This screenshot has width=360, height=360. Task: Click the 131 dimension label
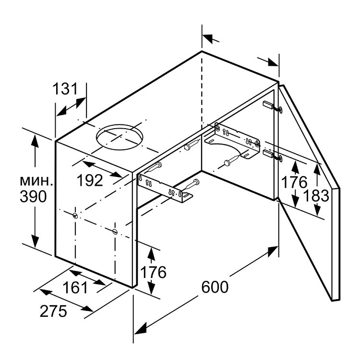tap(66, 89)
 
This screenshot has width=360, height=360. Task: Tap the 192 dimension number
tap(90, 180)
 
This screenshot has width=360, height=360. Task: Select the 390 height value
tap(33, 196)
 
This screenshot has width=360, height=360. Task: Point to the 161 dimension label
tap(75, 288)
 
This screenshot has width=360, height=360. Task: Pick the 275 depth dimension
tap(53, 311)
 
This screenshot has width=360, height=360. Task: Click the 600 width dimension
tap(215, 287)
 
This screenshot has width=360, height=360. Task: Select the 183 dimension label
tap(316, 196)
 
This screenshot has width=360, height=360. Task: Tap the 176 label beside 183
tap(294, 182)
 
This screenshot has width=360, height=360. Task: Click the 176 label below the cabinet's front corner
tap(153, 272)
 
